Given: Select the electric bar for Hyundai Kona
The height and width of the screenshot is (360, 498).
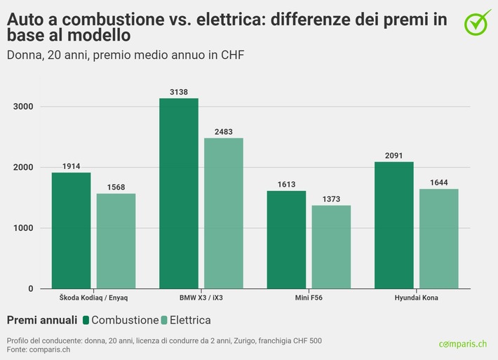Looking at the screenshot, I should (439, 239).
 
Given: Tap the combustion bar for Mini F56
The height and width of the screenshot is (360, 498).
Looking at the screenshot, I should (286, 239).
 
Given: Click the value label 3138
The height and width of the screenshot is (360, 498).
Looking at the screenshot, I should (179, 92).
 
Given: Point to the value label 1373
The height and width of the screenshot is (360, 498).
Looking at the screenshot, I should (331, 199).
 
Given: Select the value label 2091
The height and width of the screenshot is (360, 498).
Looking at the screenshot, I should (394, 156).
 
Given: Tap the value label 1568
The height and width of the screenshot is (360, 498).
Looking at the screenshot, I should (116, 187).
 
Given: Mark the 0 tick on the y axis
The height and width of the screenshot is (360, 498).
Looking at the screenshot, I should (31, 288).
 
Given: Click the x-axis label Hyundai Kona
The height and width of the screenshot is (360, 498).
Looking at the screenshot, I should (417, 299).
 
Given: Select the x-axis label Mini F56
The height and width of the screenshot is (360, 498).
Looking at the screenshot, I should (309, 299).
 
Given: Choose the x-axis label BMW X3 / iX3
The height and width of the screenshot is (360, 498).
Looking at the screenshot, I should (201, 299).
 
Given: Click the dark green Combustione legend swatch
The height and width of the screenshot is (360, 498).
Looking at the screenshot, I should (86, 321).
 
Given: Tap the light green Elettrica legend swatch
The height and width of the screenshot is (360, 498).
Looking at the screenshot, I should (164, 321).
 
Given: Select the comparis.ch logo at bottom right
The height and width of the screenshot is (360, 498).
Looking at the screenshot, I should (462, 343).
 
